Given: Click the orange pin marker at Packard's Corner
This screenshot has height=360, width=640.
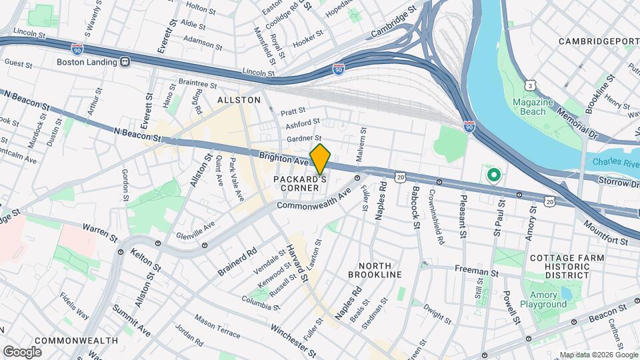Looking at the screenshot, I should (x=321, y=159).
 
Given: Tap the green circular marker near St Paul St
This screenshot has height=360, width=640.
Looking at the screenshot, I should (x=493, y=176).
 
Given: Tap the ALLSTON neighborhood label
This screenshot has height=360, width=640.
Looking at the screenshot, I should (x=239, y=99).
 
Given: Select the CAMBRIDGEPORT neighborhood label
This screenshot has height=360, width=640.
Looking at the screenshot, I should (x=598, y=41).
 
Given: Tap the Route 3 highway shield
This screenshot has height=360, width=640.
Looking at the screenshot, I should (x=530, y=85).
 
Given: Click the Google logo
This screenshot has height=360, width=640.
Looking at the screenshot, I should (x=22, y=351).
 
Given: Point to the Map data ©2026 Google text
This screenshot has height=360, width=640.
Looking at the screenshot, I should (x=598, y=355).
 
